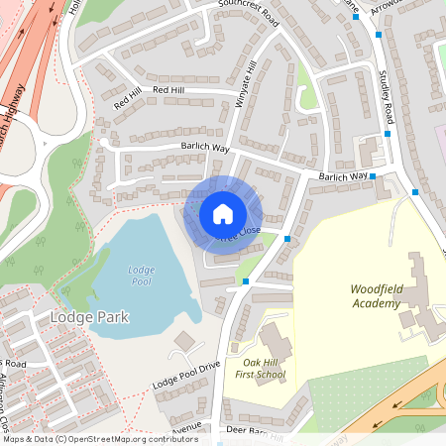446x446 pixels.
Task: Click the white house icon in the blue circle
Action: tap(223, 213)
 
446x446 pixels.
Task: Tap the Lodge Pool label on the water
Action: tap(141, 277)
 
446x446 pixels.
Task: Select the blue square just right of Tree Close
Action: tap(287, 239)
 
